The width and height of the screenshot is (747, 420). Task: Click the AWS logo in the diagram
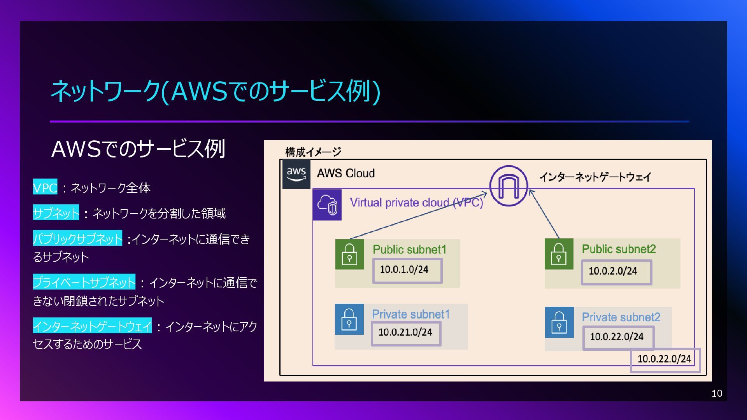point(296,174)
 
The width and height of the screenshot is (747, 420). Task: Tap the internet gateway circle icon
point(509,186)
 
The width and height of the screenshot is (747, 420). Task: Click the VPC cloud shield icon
point(327,205)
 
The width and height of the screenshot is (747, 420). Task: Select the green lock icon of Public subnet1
point(349,254)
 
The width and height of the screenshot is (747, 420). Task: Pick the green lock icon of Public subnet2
point(559,254)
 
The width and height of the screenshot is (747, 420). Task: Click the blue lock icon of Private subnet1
point(349,319)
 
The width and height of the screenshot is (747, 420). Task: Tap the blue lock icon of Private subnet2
point(559,322)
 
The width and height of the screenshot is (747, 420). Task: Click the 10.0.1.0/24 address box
point(407,270)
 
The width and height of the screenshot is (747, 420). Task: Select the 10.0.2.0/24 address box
point(616,272)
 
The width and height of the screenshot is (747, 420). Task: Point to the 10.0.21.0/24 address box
point(406,333)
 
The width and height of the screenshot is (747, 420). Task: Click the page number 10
point(717,394)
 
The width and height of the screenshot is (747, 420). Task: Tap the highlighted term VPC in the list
point(45,187)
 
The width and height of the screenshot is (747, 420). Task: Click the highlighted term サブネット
point(56,213)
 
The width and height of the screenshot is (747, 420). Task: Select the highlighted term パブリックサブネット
point(78,238)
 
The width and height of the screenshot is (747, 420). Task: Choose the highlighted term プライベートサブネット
point(84,282)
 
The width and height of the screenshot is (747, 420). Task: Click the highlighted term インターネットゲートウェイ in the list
point(92,326)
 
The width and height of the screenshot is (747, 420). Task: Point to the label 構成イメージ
point(313,152)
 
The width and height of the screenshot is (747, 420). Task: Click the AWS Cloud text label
point(346,173)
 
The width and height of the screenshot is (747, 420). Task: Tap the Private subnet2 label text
point(621,317)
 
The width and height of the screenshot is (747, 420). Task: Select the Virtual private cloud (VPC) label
point(416,203)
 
